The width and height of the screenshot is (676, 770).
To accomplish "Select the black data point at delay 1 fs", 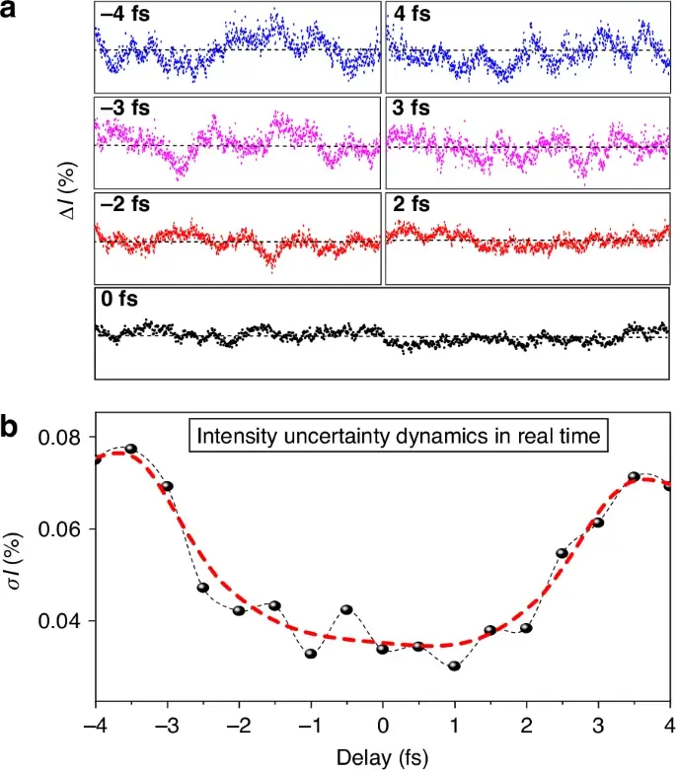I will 454,666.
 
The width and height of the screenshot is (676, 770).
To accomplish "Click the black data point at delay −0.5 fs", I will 346,609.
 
